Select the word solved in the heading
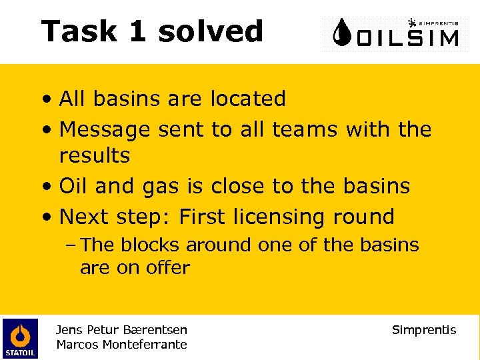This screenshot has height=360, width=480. pos(211,31)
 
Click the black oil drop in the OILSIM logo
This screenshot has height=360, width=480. pos(342,33)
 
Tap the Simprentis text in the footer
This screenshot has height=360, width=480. pos(424,330)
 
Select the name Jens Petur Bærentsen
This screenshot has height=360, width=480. pos(121,330)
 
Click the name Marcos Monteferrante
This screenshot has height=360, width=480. pos(121,345)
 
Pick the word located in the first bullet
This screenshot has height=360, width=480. pos(248,99)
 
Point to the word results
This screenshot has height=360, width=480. pos(95,155)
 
